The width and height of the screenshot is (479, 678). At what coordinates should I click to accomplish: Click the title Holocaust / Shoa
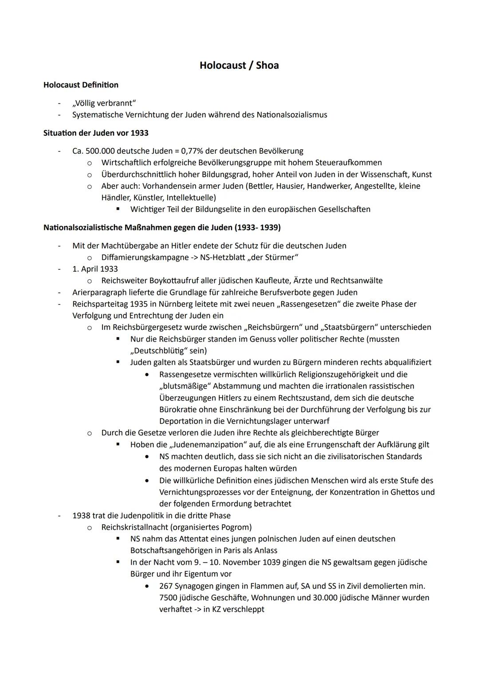tap(239, 65)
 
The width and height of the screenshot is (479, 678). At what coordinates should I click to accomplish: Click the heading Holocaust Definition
tap(81, 85)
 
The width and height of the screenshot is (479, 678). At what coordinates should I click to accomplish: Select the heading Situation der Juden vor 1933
tap(96, 133)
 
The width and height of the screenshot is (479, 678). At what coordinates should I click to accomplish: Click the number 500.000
tap(100, 151)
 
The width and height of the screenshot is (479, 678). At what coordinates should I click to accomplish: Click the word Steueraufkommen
tap(350, 163)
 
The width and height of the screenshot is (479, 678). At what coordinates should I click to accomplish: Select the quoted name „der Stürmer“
tap(273, 257)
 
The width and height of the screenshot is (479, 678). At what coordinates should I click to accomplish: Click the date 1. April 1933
tap(95, 269)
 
